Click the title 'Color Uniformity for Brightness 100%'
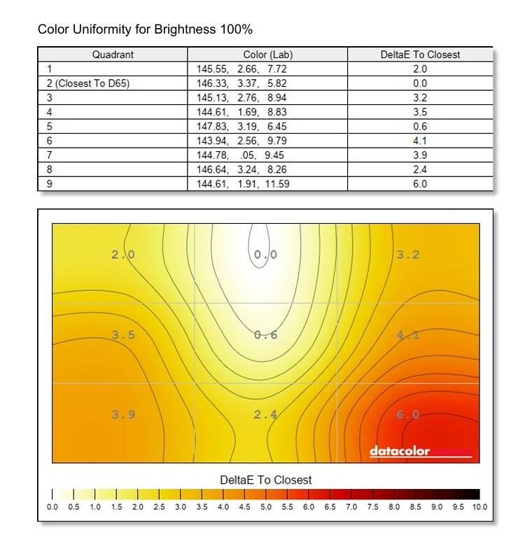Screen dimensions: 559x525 point(145,30)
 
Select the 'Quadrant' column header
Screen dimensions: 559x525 point(113,55)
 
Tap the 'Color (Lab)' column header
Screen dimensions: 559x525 point(268,55)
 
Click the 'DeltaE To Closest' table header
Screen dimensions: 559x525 point(420,55)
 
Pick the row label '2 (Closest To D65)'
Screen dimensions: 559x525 point(88,83)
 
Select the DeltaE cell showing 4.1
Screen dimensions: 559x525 point(420,141)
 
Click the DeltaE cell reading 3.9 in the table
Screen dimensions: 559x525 point(420,155)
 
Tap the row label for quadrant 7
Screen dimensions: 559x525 point(50,155)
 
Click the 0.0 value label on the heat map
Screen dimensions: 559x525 point(265,255)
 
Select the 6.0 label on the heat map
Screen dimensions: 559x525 point(408,415)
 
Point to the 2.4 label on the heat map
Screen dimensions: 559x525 point(265,415)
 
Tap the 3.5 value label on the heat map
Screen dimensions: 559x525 point(123,335)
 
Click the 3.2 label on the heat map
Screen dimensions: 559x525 point(408,255)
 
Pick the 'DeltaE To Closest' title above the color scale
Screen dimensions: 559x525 point(266,480)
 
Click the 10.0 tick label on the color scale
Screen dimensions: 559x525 point(479,507)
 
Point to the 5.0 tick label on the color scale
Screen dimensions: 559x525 point(266,507)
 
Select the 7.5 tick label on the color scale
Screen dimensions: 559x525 point(372,507)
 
